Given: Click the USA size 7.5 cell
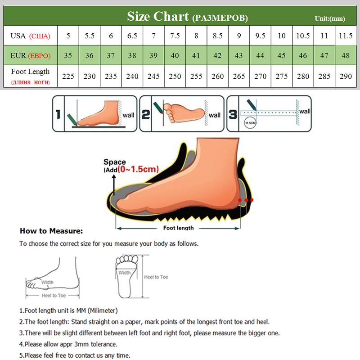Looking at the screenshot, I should click(174, 36).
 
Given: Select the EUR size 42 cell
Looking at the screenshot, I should click(217, 56).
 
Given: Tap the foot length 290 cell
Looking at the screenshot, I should click(346, 76).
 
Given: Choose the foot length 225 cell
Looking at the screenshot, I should click(68, 76).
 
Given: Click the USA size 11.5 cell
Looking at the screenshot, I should click(346, 36).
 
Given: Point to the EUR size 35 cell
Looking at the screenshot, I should click(68, 56).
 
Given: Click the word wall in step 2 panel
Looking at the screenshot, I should click(215, 115).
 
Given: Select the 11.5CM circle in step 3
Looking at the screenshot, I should click(248, 122).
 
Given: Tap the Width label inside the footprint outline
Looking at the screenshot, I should click(125, 273).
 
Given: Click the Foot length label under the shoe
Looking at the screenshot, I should click(179, 228).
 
